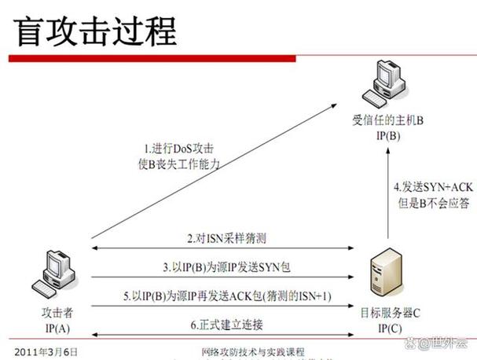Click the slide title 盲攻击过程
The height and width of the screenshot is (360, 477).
tap(95, 31)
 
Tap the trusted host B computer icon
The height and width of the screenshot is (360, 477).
tap(384, 83)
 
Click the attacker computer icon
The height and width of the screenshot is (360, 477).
tap(54, 274)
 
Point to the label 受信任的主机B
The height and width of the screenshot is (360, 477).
tap(388, 120)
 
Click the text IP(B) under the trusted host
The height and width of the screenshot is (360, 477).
tap(388, 135)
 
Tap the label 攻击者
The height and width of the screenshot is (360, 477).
tap(57, 313)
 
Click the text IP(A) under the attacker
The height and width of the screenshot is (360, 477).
tap(57, 329)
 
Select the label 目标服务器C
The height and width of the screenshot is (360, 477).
tap(391, 313)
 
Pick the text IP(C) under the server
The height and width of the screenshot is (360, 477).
tap(390, 329)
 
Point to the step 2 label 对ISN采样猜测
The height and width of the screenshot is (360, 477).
tap(226, 238)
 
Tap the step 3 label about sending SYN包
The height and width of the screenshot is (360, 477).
tap(226, 267)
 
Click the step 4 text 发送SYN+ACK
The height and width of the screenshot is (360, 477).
tap(434, 187)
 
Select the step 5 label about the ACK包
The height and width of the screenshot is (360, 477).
tap(227, 296)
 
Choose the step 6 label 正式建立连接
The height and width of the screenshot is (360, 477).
tap(226, 325)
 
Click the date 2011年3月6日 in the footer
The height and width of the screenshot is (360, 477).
tap(46, 352)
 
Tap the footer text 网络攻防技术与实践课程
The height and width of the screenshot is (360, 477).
tap(253, 352)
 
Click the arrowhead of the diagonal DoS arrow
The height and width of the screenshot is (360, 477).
tap(334, 105)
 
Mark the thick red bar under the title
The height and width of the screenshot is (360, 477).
tap(152, 58)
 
